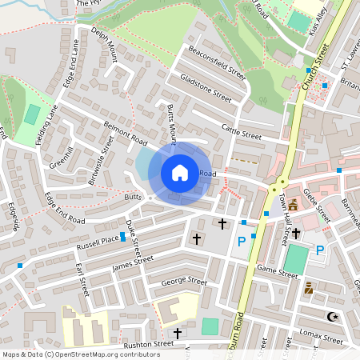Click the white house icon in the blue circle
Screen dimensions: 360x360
point(180,173)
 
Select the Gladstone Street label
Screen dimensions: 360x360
point(206,87)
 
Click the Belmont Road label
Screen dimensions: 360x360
point(126,133)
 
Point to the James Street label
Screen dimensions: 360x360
point(133,262)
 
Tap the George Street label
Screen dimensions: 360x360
point(184,282)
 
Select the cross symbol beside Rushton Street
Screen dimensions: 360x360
point(178,333)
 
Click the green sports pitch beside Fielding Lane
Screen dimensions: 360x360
point(32,114)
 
